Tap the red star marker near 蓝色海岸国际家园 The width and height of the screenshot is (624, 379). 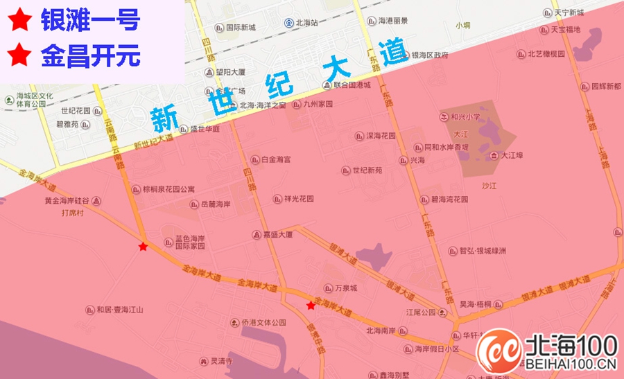(143, 247)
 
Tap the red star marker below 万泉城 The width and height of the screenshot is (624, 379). (311, 306)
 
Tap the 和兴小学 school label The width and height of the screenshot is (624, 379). (460, 118)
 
